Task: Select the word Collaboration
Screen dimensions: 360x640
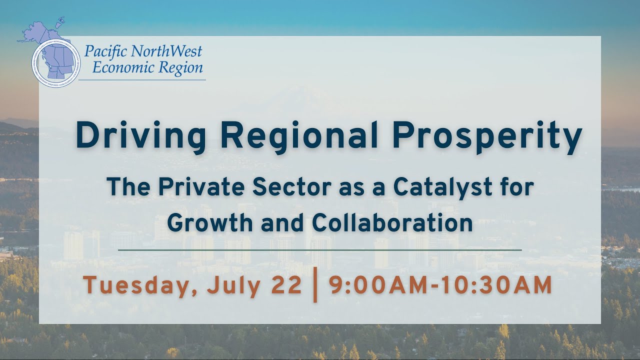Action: click(x=392, y=222)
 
